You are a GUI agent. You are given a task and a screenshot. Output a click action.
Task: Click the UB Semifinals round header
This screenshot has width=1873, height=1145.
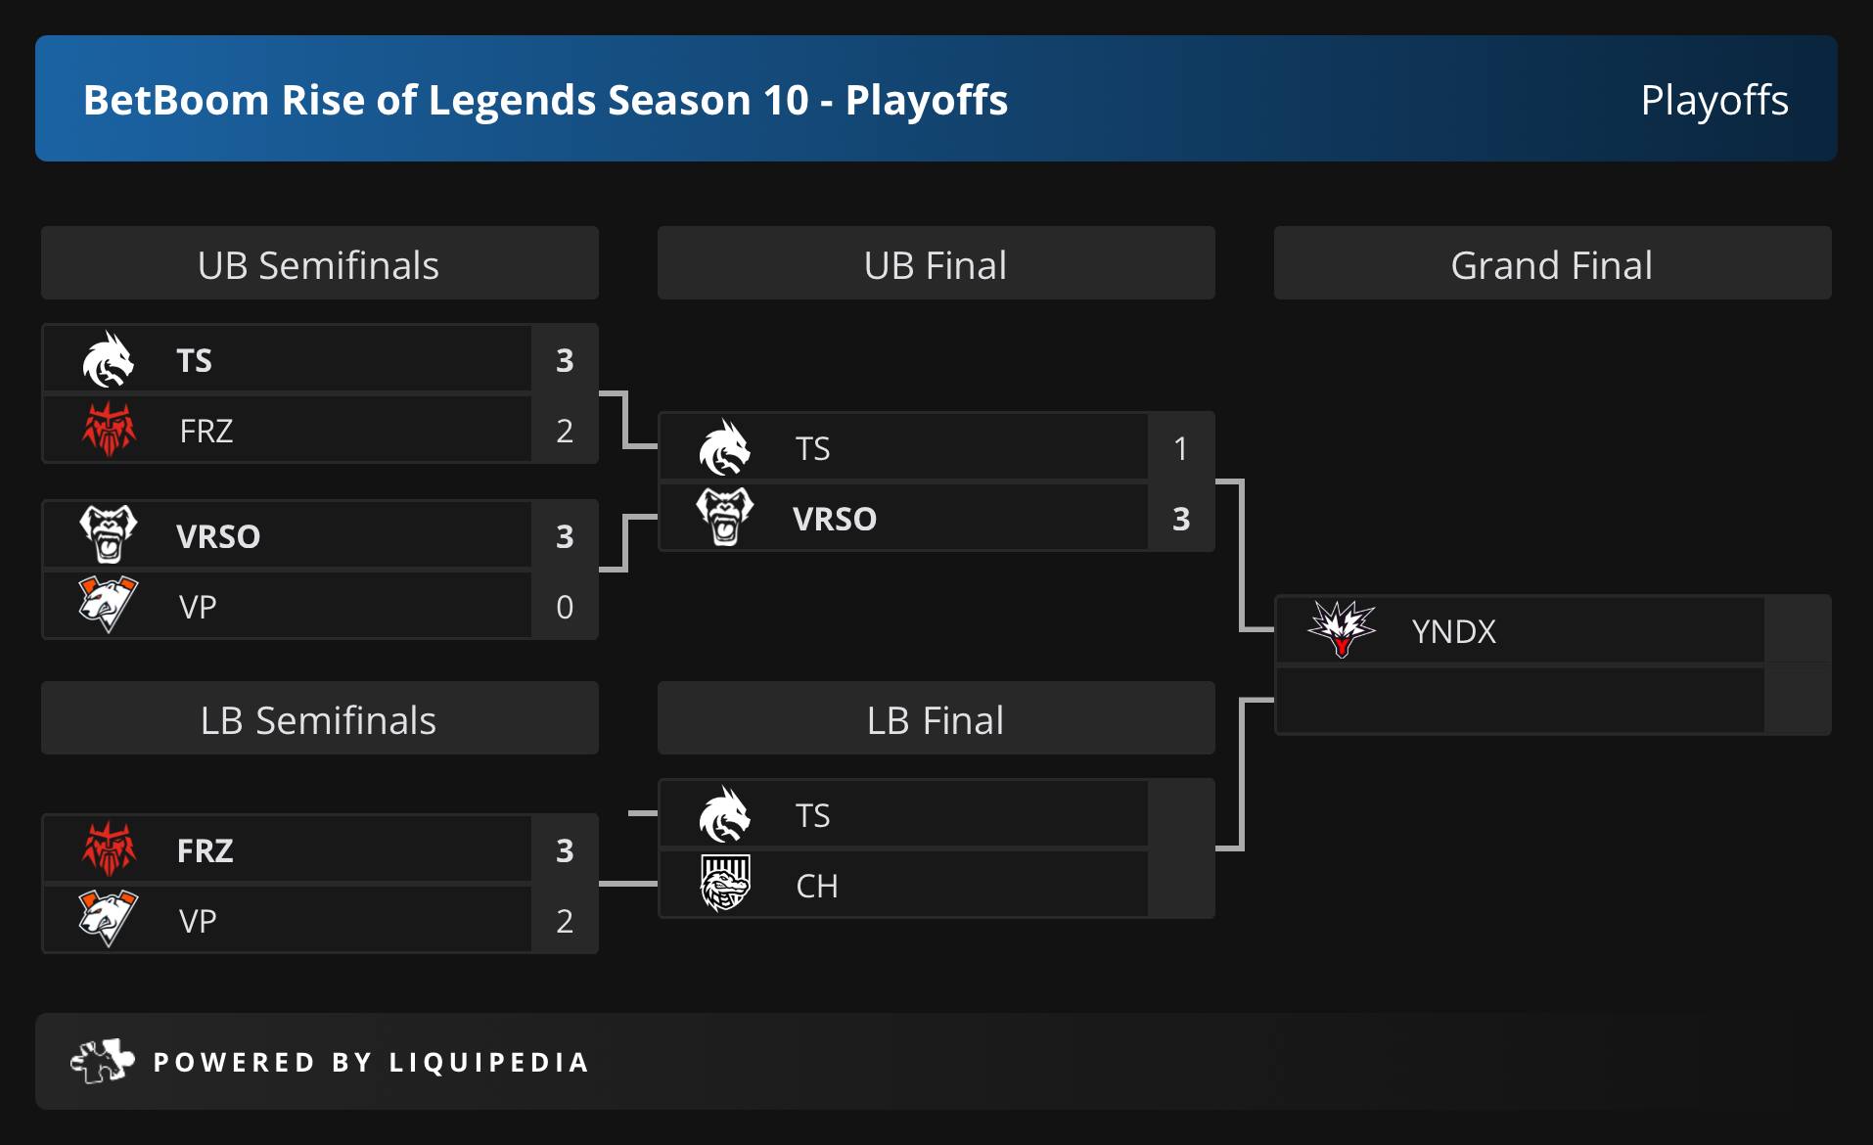[x=319, y=264]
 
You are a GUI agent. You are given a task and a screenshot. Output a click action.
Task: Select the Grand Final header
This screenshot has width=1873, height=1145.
[x=1552, y=264]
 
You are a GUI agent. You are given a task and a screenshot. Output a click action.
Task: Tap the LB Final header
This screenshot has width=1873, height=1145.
[x=936, y=719]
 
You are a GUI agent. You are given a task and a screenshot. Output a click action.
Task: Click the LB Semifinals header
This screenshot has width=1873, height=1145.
[x=319, y=719]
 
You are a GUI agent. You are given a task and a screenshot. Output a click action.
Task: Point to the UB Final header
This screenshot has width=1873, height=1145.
[x=936, y=264]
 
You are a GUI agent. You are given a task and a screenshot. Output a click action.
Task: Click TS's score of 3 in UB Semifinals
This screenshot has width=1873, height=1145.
[x=565, y=360]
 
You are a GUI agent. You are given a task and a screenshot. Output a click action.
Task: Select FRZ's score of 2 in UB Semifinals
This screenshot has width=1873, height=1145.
[x=565, y=431]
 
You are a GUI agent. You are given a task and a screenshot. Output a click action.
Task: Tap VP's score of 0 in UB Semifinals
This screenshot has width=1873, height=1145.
[x=565, y=607]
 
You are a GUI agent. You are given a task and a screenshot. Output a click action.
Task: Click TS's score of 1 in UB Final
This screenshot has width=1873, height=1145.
[x=1181, y=448]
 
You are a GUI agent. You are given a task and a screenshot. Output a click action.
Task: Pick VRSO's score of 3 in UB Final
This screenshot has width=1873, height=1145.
[x=1181, y=519]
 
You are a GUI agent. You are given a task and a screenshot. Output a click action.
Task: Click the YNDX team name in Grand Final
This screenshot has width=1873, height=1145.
[x=1454, y=631]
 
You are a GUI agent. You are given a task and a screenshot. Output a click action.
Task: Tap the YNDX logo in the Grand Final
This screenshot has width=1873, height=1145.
[x=1342, y=628]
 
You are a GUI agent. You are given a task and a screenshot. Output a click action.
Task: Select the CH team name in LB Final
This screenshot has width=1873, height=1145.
[x=817, y=886]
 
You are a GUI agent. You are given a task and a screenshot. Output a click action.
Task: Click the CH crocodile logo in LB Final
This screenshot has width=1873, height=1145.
[x=725, y=883]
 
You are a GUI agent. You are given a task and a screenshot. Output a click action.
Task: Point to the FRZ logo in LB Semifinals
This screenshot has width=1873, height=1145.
[x=109, y=847]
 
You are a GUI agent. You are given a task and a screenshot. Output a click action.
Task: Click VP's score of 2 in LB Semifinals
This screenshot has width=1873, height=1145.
[x=565, y=921]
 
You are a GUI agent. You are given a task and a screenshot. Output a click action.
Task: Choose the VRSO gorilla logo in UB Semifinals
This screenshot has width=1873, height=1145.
[x=109, y=533]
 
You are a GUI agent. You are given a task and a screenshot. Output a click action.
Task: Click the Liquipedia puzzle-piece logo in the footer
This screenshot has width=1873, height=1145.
[x=103, y=1061]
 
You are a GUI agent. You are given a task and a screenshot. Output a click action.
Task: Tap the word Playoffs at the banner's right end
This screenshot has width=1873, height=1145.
[x=1714, y=100]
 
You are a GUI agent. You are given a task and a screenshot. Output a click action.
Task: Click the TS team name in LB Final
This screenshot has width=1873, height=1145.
[x=812, y=815]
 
